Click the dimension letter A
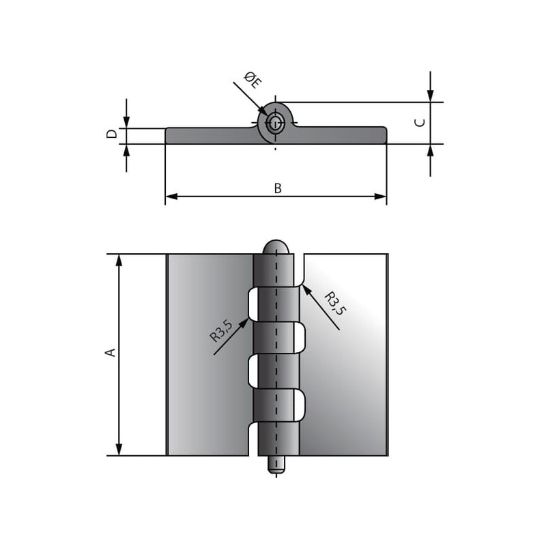tap(111, 352)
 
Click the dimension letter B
tap(278, 188)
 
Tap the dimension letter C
tap(420, 123)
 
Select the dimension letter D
tap(112, 134)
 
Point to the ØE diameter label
tap(253, 80)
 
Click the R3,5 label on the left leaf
tap(221, 330)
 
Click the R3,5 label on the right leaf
tap(335, 304)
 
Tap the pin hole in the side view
tap(276, 123)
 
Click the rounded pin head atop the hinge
tap(276, 247)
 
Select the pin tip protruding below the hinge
tap(276, 465)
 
